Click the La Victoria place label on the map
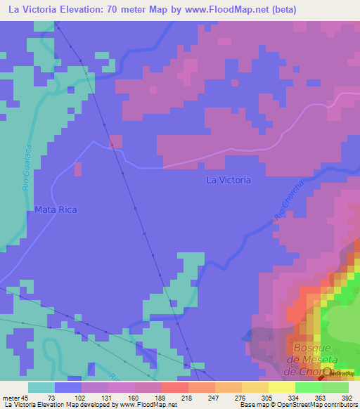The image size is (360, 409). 228,180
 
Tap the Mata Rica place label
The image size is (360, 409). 55,209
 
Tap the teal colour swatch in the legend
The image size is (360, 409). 41,387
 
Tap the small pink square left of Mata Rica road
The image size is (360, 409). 77,169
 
